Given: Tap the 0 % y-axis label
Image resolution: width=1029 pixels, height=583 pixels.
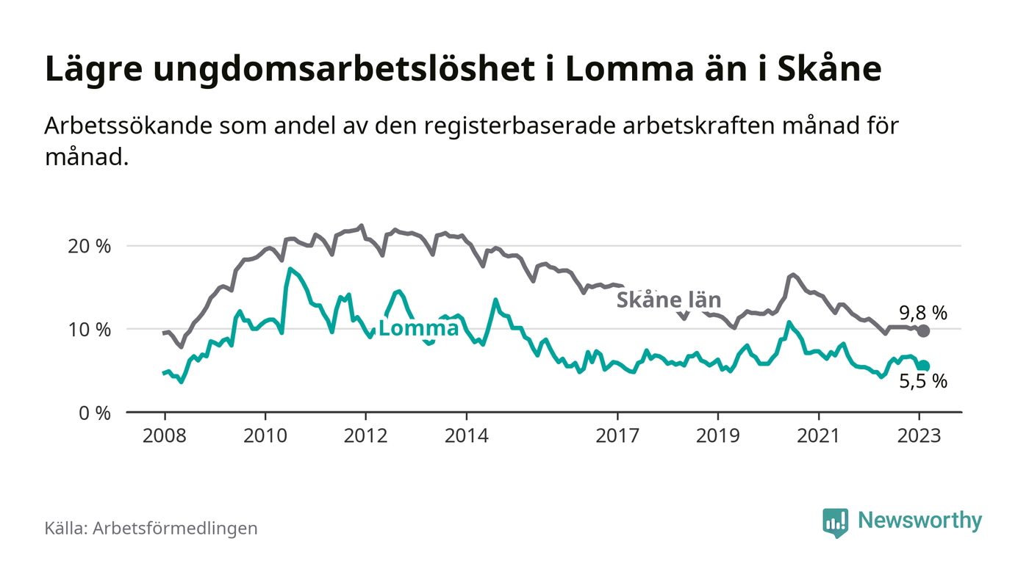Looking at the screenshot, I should pyautogui.click(x=95, y=413).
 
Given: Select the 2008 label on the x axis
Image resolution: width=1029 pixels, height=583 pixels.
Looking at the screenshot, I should pyautogui.click(x=165, y=435).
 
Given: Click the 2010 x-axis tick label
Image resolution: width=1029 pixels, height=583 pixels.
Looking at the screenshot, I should pyautogui.click(x=265, y=435).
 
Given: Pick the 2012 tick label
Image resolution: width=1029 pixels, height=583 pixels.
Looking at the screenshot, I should pyautogui.click(x=366, y=435).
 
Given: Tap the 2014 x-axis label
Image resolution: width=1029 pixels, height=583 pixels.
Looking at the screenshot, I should pyautogui.click(x=467, y=435).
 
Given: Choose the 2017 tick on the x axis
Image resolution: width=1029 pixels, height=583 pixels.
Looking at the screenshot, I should pyautogui.click(x=617, y=435).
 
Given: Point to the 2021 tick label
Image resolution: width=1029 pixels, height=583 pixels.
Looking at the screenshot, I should pyautogui.click(x=819, y=435).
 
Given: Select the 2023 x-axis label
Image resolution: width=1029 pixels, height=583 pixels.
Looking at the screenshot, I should pyautogui.click(x=919, y=435).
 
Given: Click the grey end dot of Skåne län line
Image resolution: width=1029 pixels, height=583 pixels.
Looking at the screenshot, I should pyautogui.click(x=924, y=331).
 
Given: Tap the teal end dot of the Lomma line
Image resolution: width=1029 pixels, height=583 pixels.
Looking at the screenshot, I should pyautogui.click(x=924, y=366).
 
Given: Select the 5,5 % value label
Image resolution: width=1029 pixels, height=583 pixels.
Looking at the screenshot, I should pyautogui.click(x=923, y=382).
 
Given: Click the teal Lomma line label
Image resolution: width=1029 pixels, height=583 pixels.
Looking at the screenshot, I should pyautogui.click(x=418, y=329).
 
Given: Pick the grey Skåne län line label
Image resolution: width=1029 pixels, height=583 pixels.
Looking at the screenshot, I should pyautogui.click(x=668, y=300).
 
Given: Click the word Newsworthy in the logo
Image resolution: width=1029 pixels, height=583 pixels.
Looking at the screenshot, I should pyautogui.click(x=919, y=521).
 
